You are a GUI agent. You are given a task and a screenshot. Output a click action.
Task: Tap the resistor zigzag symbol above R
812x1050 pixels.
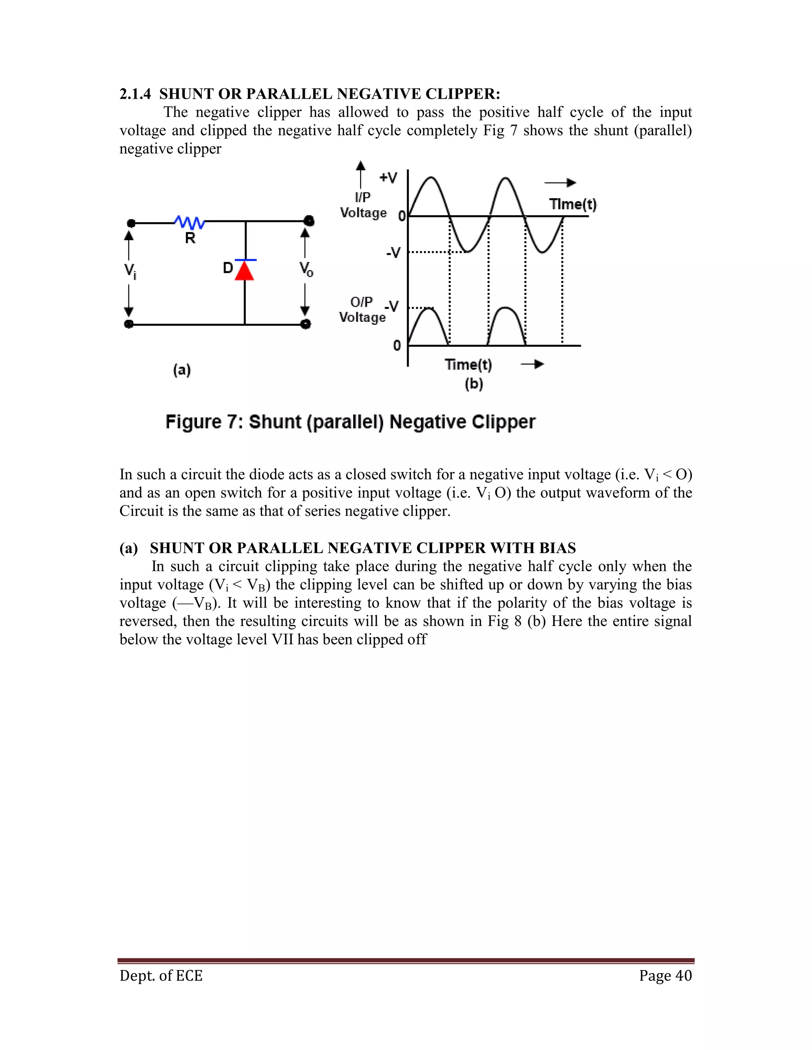pyautogui.click(x=190, y=222)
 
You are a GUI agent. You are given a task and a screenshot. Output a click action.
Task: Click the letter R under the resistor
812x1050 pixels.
pyautogui.click(x=190, y=238)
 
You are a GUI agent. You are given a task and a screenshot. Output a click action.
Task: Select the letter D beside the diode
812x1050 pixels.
pyautogui.click(x=228, y=268)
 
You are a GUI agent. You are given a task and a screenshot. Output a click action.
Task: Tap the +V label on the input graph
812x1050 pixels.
pyautogui.click(x=388, y=178)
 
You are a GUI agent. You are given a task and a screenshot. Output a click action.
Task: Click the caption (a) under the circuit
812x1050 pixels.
pyautogui.click(x=182, y=370)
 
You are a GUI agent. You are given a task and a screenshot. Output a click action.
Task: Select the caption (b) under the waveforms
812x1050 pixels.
pyautogui.click(x=474, y=384)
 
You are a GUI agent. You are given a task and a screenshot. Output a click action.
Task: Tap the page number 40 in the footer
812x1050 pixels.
pyautogui.click(x=684, y=976)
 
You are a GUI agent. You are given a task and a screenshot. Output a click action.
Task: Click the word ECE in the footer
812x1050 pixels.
pyautogui.click(x=189, y=976)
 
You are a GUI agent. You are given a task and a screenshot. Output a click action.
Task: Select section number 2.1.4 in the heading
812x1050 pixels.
pyautogui.click(x=135, y=94)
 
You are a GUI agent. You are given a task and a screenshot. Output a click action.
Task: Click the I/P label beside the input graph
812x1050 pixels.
pyautogui.click(x=363, y=197)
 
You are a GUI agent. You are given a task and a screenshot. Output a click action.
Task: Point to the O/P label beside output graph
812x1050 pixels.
pyautogui.click(x=361, y=302)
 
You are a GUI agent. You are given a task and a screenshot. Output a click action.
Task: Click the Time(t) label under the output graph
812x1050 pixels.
pyautogui.click(x=468, y=365)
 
